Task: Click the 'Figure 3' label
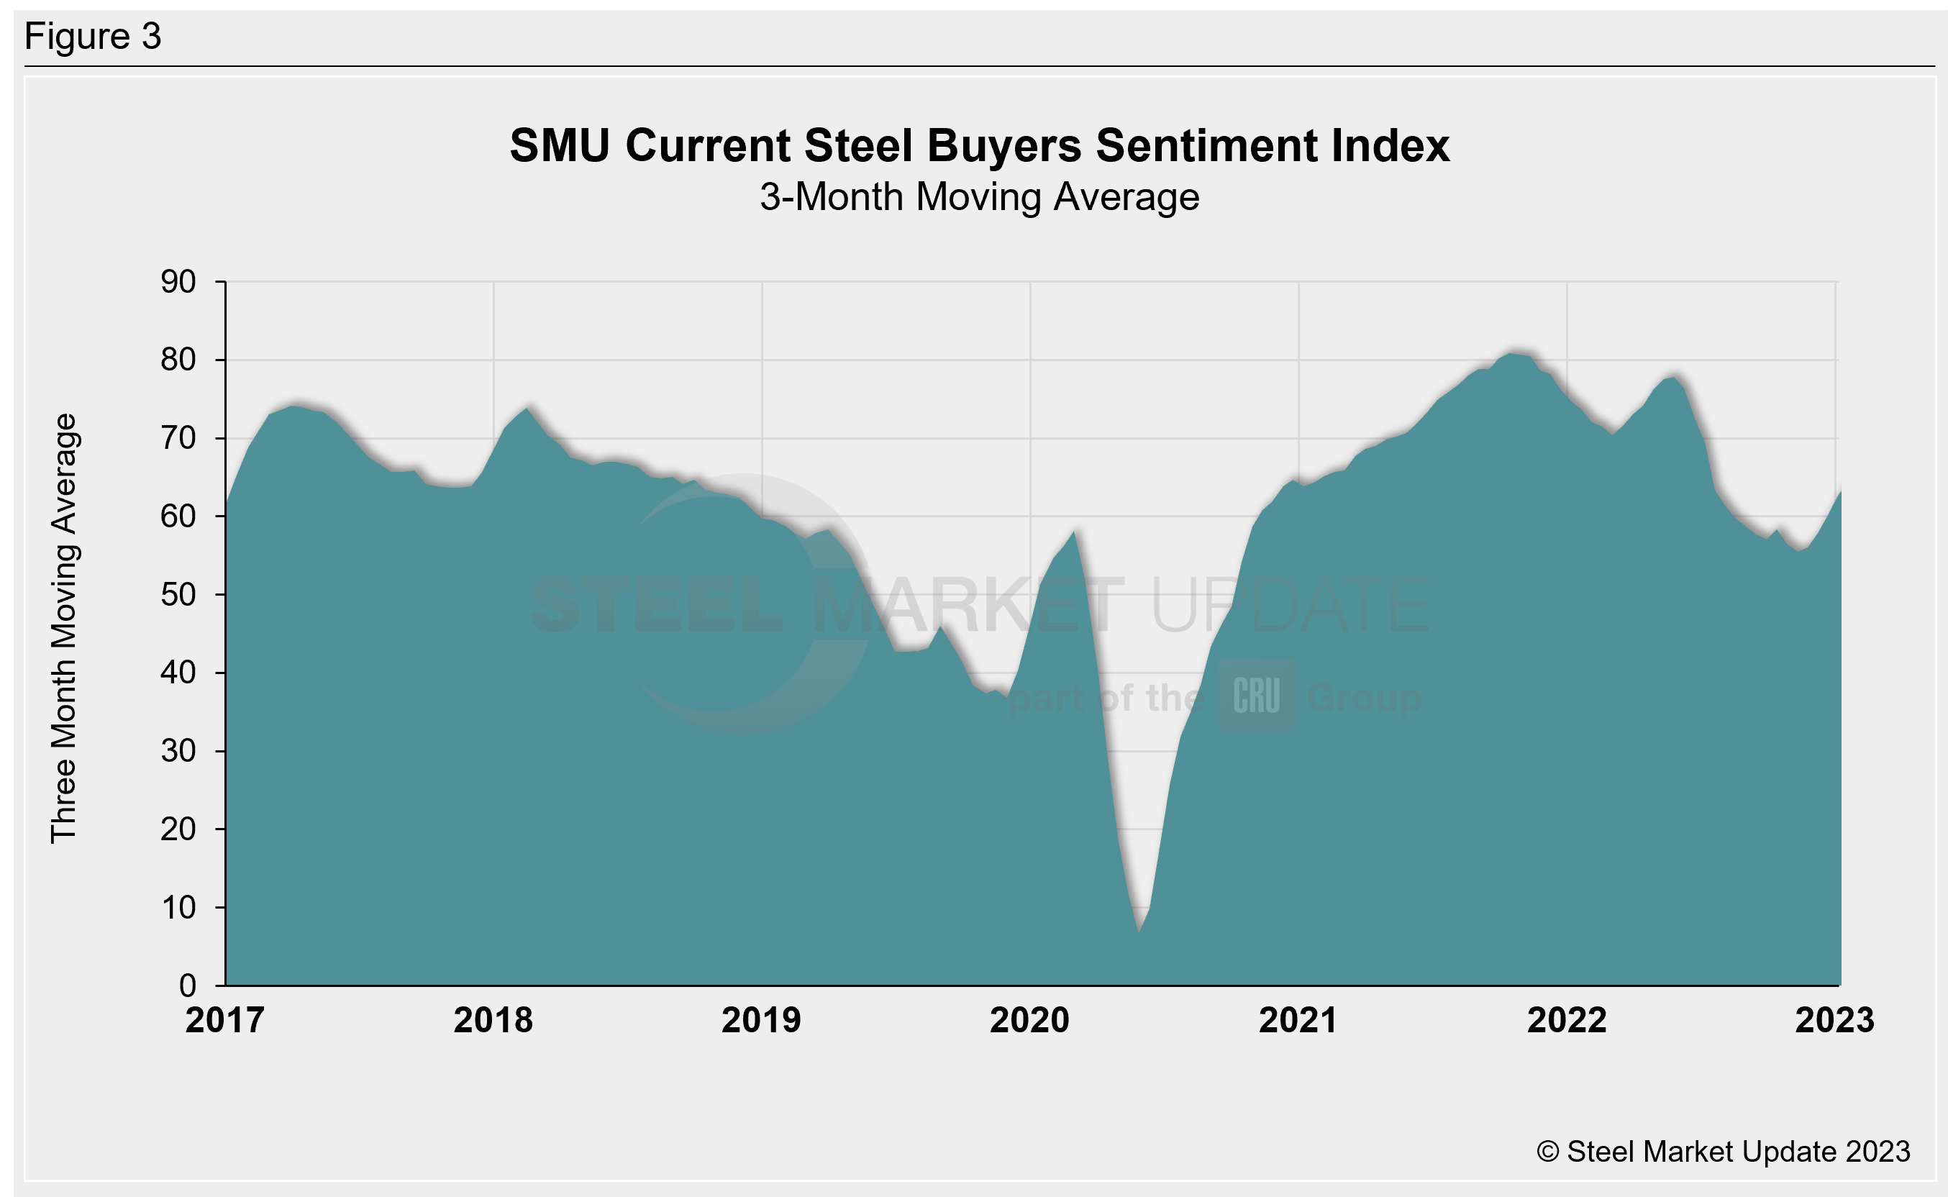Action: coord(93,37)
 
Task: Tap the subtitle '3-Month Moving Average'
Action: coord(979,196)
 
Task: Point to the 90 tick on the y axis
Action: coord(178,282)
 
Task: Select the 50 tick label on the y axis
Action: coord(178,594)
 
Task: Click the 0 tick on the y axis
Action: coord(188,986)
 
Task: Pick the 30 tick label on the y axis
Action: coord(178,750)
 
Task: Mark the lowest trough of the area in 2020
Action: coord(1139,931)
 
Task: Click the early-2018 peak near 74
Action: coord(528,409)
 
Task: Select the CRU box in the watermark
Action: coord(1257,695)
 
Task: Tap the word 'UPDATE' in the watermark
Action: coord(1291,606)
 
